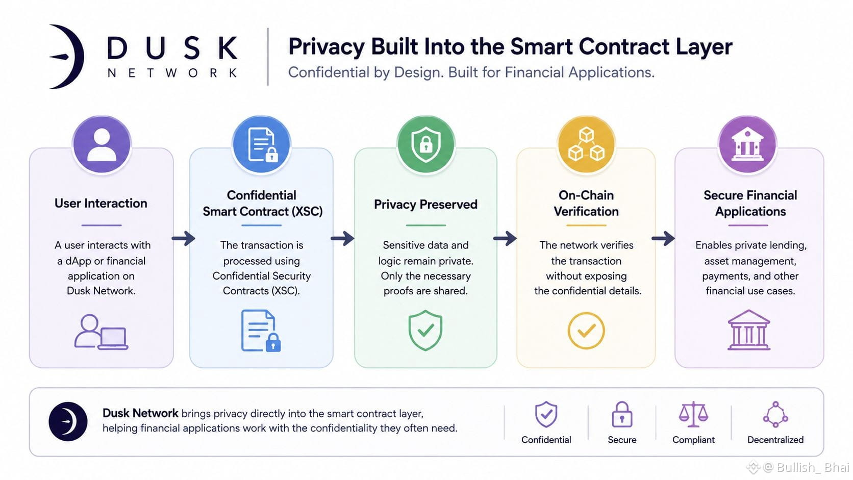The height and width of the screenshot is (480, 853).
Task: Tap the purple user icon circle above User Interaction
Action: point(102,145)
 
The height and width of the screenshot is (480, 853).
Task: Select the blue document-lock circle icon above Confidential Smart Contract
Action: point(262,145)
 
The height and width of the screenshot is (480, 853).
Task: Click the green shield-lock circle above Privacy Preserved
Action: point(426,145)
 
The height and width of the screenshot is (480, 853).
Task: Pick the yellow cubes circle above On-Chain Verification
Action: point(587,145)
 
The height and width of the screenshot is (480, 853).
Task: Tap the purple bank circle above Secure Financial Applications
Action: point(747,145)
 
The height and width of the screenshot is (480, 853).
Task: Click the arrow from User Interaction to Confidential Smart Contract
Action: point(184,239)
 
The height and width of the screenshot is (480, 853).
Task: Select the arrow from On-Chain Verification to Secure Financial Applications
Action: point(663,239)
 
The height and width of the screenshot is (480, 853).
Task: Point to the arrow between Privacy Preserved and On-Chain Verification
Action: point(505,239)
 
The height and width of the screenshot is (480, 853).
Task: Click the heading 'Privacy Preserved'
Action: point(426,205)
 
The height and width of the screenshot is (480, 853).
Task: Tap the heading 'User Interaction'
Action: point(101,203)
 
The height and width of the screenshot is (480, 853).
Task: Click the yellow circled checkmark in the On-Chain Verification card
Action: point(587,331)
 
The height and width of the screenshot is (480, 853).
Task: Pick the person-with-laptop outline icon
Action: point(101,332)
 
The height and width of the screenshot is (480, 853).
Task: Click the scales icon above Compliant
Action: point(693,414)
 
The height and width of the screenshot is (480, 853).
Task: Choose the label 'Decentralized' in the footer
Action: point(775,440)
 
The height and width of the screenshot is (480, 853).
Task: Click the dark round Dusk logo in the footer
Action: point(68,422)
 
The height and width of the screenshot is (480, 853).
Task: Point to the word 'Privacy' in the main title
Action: point(327,47)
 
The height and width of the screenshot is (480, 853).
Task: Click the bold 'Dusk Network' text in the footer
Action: point(140,413)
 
